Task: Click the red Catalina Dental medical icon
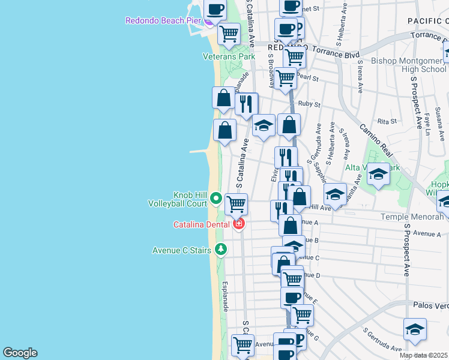coord(239,224)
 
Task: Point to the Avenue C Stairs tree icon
coord(221,249)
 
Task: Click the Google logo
coord(20,353)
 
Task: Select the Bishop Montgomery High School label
coord(409,65)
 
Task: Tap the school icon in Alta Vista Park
coord(378,174)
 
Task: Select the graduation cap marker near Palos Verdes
coord(415,329)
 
